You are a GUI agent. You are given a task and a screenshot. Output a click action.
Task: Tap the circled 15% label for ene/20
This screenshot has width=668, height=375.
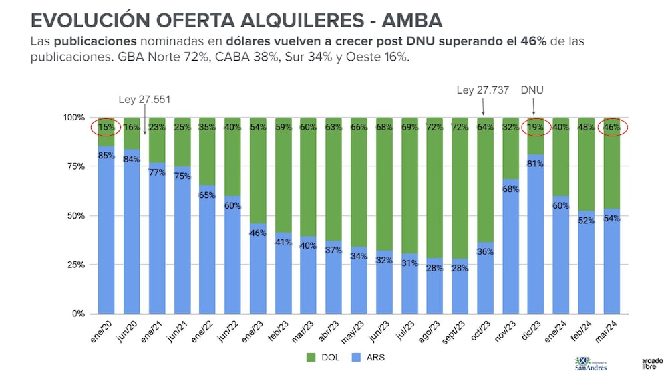(106, 127)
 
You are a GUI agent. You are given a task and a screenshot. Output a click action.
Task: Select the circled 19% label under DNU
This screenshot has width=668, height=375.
(535, 127)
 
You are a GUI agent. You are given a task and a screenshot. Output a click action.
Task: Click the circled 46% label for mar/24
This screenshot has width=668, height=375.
(611, 127)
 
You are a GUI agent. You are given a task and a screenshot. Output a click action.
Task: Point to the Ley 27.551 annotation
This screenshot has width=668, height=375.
(144, 100)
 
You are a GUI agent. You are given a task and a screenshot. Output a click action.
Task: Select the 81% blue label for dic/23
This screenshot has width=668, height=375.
(535, 164)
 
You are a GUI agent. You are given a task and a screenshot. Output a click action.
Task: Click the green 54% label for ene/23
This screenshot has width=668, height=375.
(257, 127)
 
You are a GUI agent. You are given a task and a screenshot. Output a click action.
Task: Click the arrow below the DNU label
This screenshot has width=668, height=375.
(535, 106)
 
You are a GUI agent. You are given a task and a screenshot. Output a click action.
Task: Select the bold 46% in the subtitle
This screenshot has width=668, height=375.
(532, 41)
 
